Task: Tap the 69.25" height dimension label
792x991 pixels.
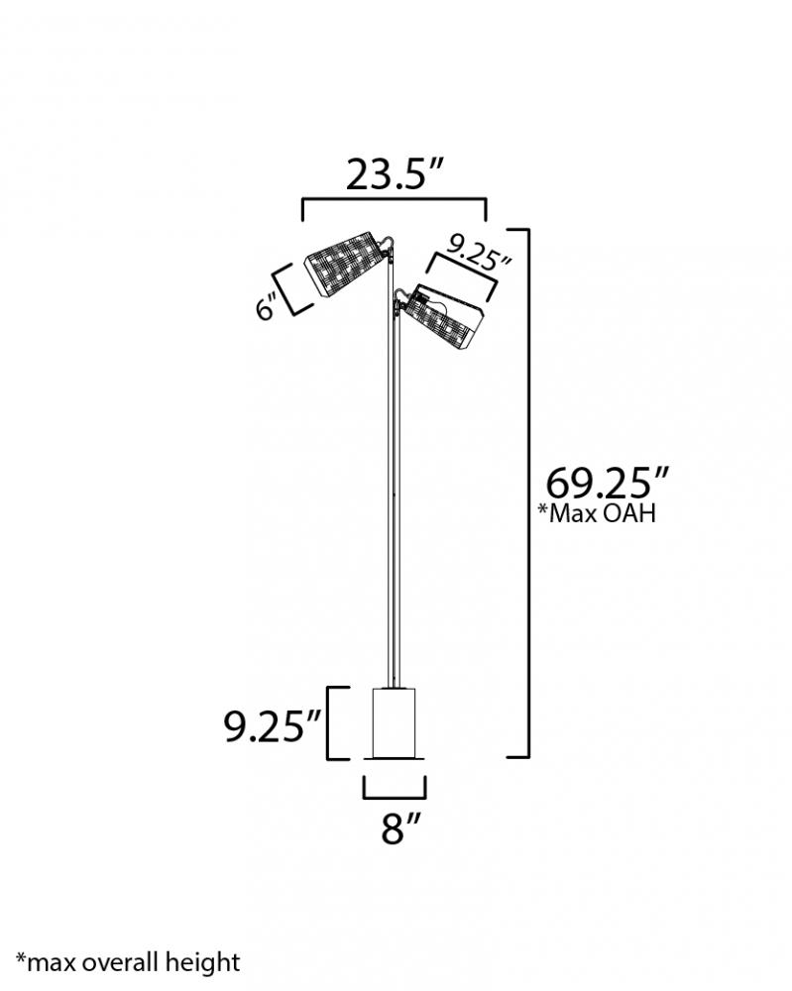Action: point(607,484)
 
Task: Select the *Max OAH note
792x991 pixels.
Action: point(597,512)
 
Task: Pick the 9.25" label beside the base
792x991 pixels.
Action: point(273,725)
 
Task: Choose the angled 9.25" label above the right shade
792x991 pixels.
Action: point(479,251)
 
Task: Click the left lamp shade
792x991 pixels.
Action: point(345,264)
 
